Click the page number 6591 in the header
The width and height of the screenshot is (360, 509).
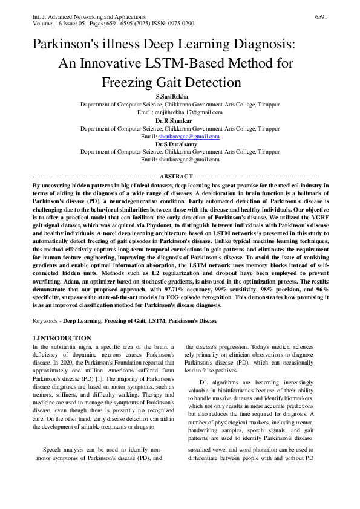(x=321, y=17)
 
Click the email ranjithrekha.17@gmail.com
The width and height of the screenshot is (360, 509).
(x=188, y=112)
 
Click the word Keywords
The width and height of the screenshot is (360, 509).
(x=45, y=321)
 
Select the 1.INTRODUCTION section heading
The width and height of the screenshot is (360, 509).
(x=61, y=338)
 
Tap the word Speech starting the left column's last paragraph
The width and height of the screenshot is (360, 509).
(x=52, y=449)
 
